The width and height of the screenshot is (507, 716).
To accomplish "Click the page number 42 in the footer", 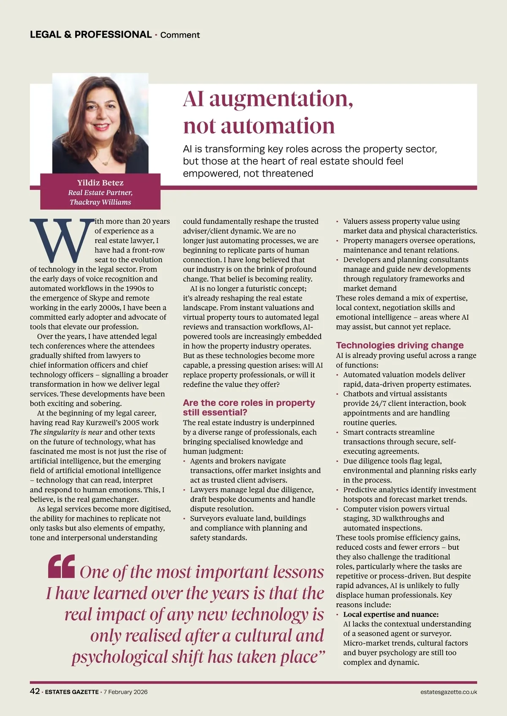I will pyautogui.click(x=35, y=691).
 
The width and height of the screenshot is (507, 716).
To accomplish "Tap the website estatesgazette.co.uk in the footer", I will pyautogui.click(x=449, y=692).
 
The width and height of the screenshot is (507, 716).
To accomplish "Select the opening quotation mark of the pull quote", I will pyautogui.click(x=62, y=567).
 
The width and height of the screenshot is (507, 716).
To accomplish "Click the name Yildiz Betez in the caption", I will pyautogui.click(x=100, y=183).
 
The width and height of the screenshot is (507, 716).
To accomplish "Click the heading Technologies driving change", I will pyautogui.click(x=400, y=345).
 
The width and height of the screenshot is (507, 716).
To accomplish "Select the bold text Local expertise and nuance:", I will pyautogui.click(x=391, y=614).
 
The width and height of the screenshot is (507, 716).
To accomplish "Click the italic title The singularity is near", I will pyautogui.click(x=66, y=432).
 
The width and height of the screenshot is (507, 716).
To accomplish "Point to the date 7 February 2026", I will pyautogui.click(x=125, y=692).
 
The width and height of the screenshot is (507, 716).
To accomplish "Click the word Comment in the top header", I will pyautogui.click(x=180, y=35).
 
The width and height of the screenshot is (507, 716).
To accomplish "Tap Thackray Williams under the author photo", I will pyautogui.click(x=100, y=202).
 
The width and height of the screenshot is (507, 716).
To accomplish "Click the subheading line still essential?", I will pyautogui.click(x=215, y=412).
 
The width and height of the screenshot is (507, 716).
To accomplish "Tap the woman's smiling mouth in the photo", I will pyautogui.click(x=101, y=126).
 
